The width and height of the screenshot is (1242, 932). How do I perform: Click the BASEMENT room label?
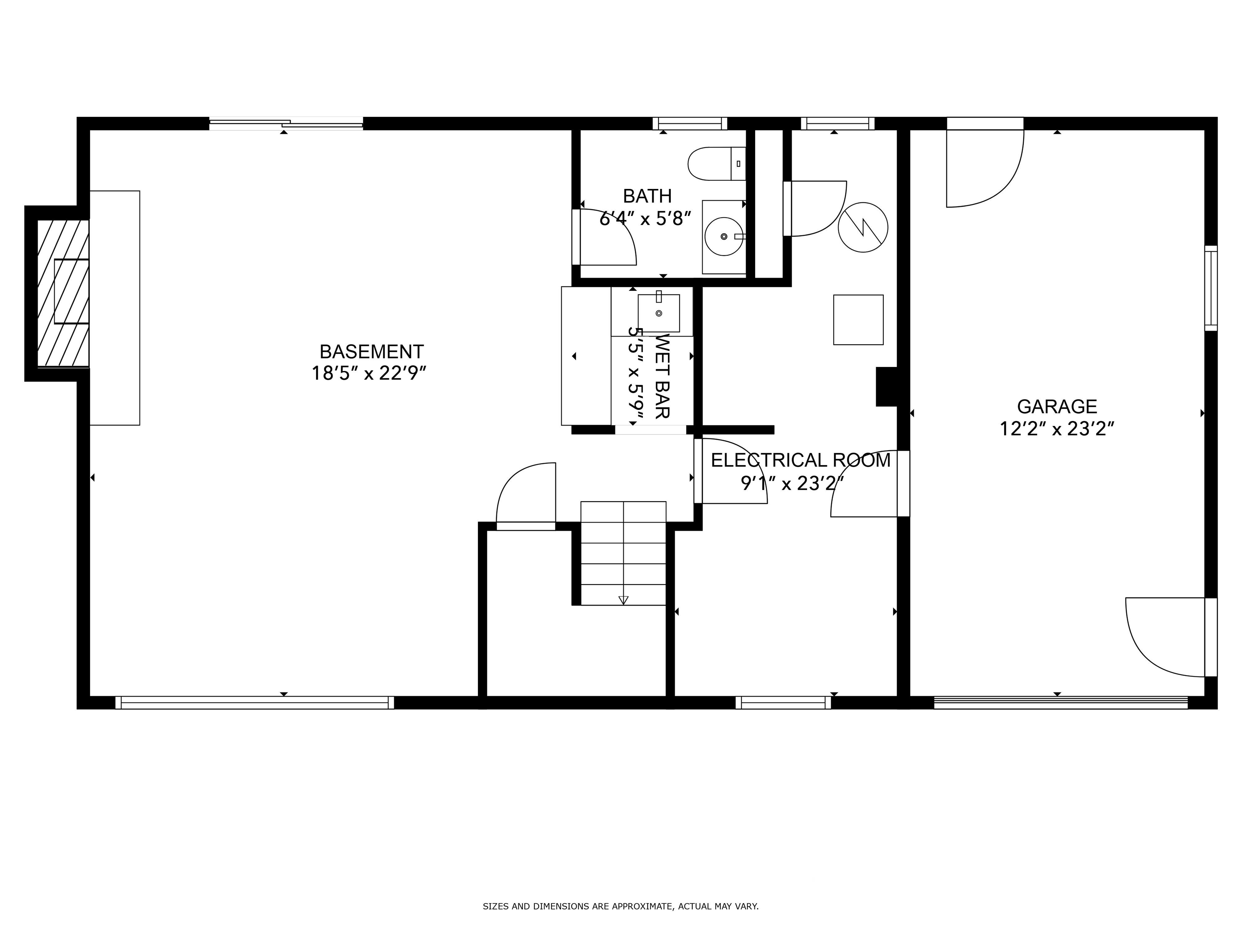click(371, 352)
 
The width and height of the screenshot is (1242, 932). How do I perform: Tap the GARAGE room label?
click(1057, 406)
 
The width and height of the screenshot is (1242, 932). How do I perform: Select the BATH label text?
click(647, 196)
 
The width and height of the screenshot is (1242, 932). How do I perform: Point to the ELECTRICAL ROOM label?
click(801, 460)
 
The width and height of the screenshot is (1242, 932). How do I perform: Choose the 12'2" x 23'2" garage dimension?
click(1057, 429)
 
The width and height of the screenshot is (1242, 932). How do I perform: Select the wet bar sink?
click(659, 313)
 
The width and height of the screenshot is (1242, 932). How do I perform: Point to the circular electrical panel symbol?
click(863, 227)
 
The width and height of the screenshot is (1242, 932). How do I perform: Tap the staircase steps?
click(623, 553)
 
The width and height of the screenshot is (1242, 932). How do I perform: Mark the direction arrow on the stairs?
click(623, 600)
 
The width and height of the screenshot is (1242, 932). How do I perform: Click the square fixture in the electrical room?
click(858, 320)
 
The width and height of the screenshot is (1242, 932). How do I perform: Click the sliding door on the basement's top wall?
click(286, 124)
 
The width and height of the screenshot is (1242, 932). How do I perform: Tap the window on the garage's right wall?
click(1211, 288)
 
